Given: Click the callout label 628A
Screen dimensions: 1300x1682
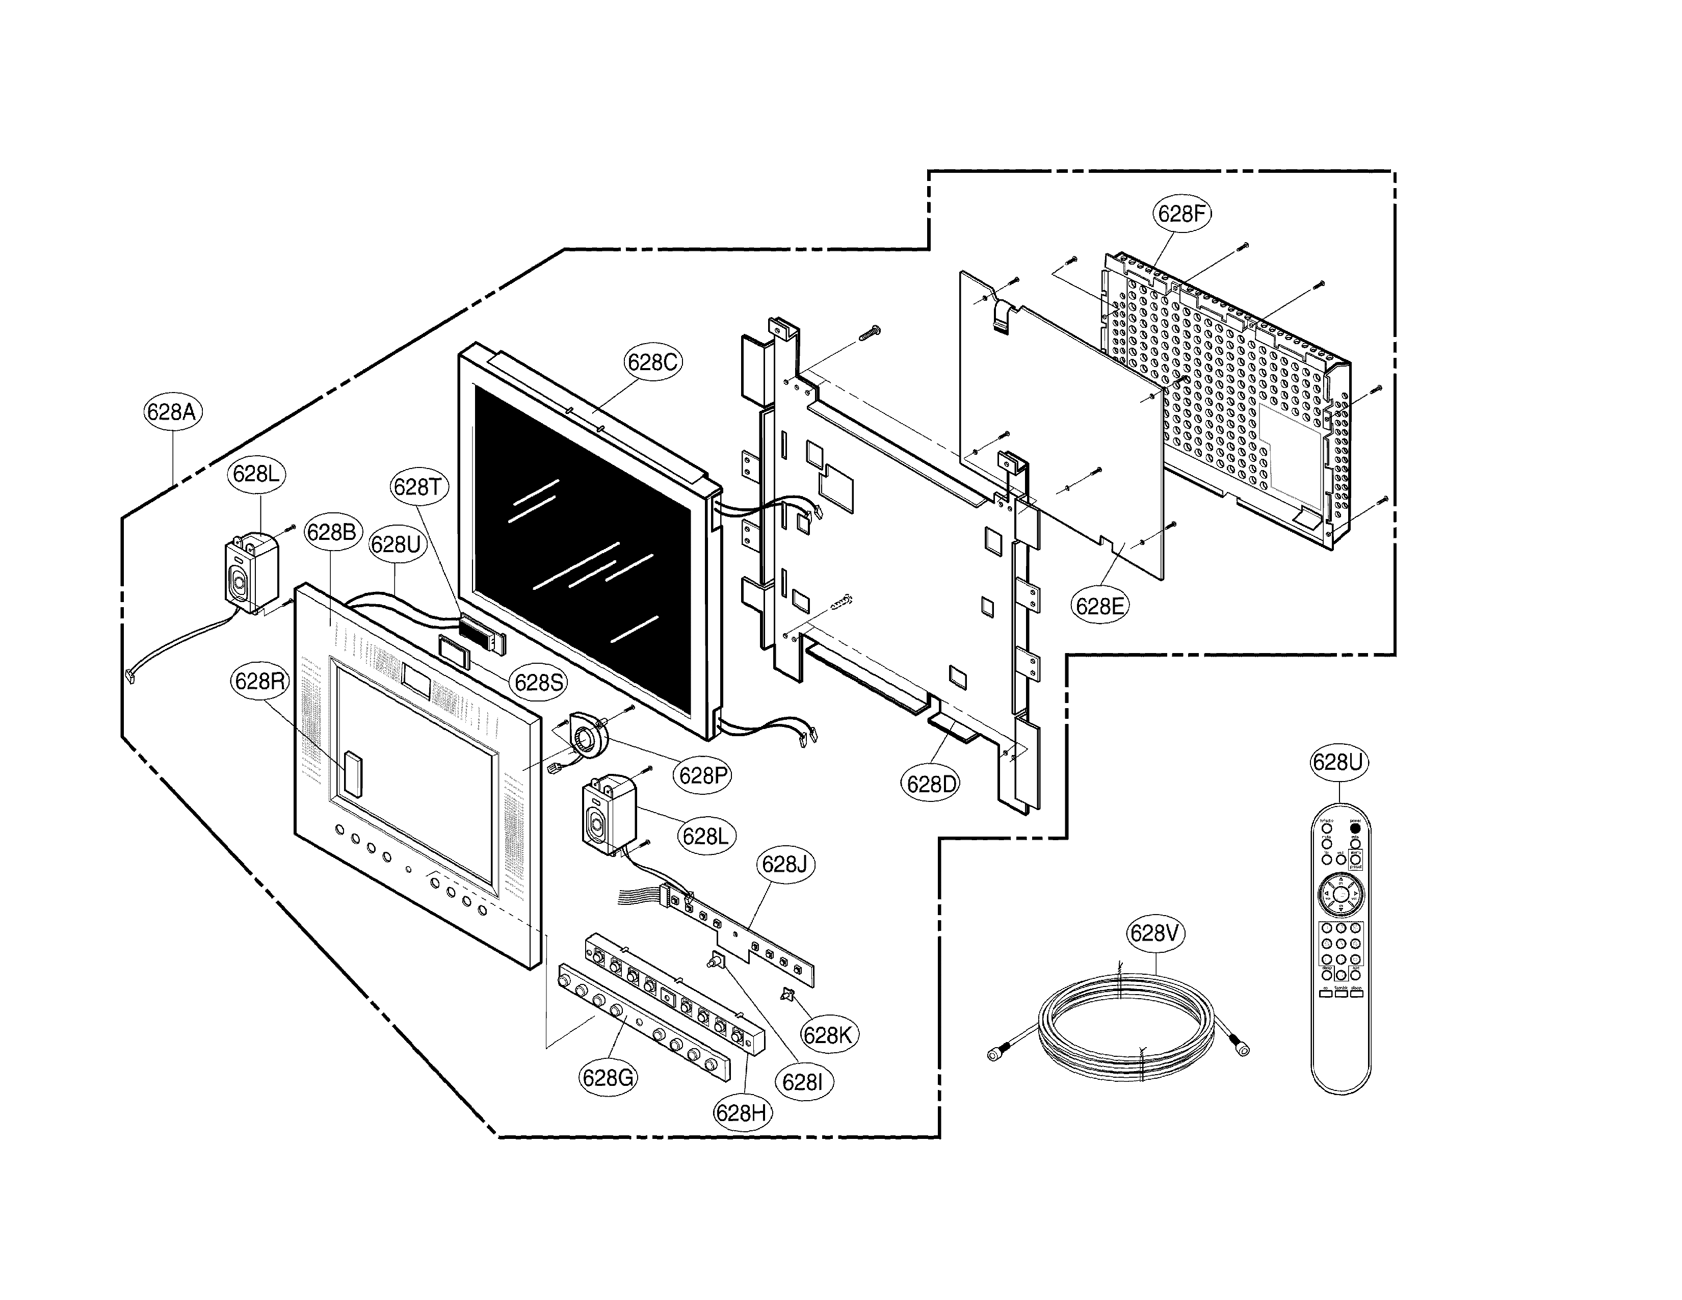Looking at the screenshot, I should (172, 412).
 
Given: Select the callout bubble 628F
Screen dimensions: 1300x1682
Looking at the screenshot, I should (1180, 213).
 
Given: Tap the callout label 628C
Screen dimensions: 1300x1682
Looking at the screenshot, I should (652, 362).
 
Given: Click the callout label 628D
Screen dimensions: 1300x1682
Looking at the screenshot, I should (931, 784).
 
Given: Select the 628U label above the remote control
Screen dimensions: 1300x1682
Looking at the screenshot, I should (1338, 763).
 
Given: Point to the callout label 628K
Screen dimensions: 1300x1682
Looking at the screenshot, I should (828, 1035).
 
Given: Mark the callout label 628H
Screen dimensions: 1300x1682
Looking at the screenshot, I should (743, 1112).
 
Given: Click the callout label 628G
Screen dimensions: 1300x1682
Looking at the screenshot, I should (608, 1077).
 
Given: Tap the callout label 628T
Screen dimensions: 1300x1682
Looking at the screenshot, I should (417, 487).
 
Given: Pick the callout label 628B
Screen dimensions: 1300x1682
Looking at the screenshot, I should (332, 532).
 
